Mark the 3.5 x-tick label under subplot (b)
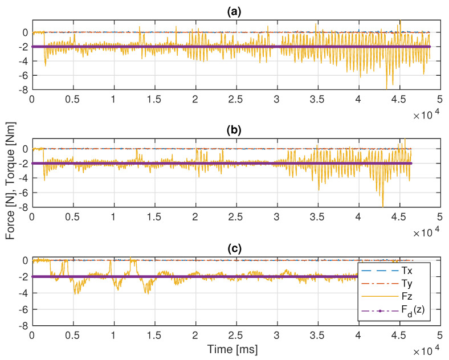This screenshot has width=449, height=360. tap(317, 216)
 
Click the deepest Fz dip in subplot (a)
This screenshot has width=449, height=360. tap(386, 88)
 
